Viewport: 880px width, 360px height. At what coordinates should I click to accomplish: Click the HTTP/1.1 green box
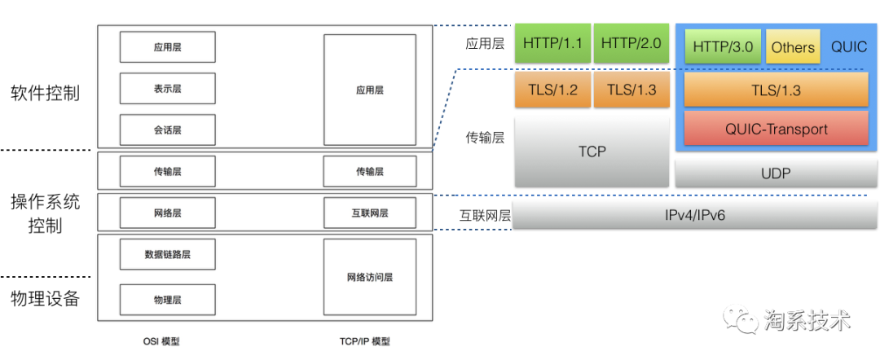pyautogui.click(x=552, y=43)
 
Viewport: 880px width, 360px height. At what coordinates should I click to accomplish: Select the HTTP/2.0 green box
pyautogui.click(x=631, y=43)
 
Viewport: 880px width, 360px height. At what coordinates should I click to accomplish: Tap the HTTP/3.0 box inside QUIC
pyautogui.click(x=724, y=47)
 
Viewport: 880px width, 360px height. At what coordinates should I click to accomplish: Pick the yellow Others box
pyautogui.click(x=793, y=47)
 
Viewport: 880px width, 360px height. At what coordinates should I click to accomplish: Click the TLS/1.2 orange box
pyautogui.click(x=552, y=90)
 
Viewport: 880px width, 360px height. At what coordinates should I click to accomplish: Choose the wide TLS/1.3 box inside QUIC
pyautogui.click(x=776, y=90)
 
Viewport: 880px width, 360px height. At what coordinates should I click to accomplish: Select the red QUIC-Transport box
pyautogui.click(x=776, y=129)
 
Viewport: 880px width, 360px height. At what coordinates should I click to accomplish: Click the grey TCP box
pyautogui.click(x=592, y=151)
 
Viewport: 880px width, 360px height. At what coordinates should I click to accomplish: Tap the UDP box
pyautogui.click(x=776, y=173)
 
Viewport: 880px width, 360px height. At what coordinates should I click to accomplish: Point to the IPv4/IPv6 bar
pyautogui.click(x=694, y=214)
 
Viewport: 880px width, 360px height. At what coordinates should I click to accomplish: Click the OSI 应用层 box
pyautogui.click(x=167, y=47)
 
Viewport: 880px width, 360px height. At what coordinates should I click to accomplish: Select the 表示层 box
pyautogui.click(x=167, y=89)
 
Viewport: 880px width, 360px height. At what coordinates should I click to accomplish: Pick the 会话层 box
pyautogui.click(x=167, y=130)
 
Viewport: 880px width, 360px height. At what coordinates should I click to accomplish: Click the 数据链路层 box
pyautogui.click(x=167, y=254)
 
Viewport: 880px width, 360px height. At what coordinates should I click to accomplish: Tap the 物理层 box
pyautogui.click(x=167, y=300)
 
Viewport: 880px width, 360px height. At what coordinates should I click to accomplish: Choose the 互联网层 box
pyautogui.click(x=369, y=213)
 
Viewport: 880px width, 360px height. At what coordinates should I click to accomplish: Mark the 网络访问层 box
pyautogui.click(x=369, y=277)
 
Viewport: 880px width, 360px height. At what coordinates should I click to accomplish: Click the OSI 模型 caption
pyautogui.click(x=160, y=341)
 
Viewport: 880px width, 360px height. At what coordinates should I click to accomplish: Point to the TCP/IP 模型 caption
pyautogui.click(x=364, y=341)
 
